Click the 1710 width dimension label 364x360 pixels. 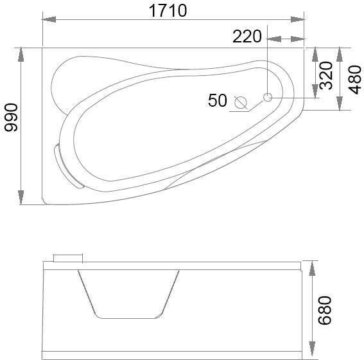click(x=168, y=11)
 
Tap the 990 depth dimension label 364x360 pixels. click(x=11, y=118)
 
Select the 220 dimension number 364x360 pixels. click(x=247, y=37)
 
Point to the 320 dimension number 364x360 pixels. click(x=326, y=75)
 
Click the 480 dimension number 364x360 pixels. click(x=355, y=80)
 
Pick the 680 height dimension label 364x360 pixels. click(x=325, y=310)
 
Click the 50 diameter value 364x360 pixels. click(x=217, y=100)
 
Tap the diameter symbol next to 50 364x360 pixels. click(x=241, y=102)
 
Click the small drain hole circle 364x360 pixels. click(x=268, y=97)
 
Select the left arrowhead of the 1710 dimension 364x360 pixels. click(x=49, y=19)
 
